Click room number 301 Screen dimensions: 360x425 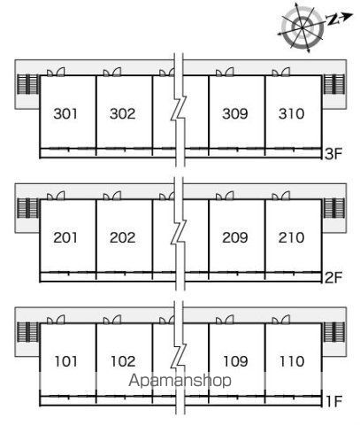65,114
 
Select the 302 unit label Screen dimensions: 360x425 122,114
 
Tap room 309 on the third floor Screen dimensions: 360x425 235,114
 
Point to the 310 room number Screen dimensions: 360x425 291,114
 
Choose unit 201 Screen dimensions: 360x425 65,238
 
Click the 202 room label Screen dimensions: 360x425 122,238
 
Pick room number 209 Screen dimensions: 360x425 235,238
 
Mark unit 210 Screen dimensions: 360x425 291,238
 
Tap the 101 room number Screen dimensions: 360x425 66,361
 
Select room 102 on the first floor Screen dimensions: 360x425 123,361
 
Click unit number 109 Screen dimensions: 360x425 235,361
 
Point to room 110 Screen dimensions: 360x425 292,361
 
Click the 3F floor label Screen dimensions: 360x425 333,154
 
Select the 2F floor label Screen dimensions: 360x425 333,278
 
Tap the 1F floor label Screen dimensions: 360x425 334,401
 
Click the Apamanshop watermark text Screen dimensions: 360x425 180,381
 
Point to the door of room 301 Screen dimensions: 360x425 56,73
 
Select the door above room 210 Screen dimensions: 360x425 281,197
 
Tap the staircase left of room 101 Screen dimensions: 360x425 28,332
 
